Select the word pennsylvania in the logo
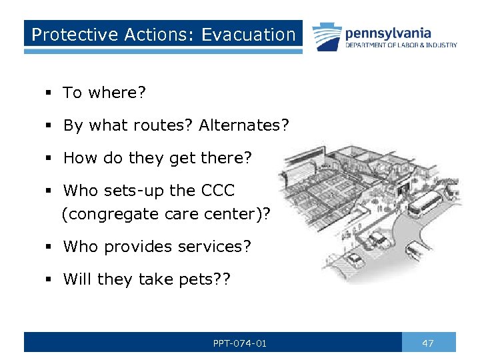[x=387, y=33]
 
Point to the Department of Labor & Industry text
[x=401, y=45]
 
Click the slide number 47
[x=428, y=343]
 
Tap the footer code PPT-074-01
[x=240, y=343]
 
